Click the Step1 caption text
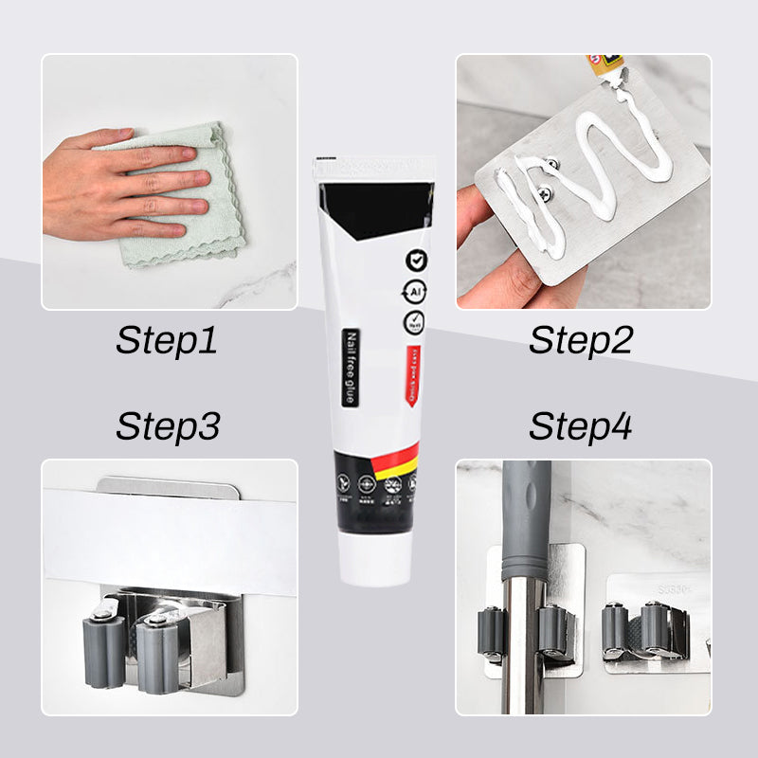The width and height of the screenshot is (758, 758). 167,339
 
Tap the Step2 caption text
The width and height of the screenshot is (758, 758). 581,339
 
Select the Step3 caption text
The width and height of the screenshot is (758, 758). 167,426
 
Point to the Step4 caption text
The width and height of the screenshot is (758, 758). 581,426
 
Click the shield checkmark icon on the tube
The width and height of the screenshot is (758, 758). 414,259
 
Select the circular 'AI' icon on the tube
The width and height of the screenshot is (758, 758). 414,291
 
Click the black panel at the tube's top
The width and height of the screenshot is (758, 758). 374,208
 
